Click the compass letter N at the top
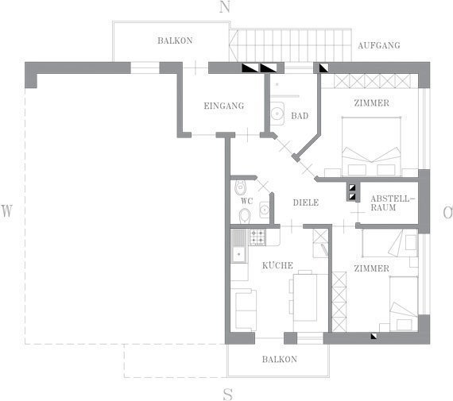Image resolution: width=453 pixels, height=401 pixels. tap(225, 6)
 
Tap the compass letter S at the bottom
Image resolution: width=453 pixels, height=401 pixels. tap(228, 394)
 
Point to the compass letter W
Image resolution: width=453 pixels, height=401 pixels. tap(7, 210)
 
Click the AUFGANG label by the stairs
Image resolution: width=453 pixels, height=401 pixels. tap(379, 45)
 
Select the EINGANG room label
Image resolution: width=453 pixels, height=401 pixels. tap(224, 106)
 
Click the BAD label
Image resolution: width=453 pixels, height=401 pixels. tap(300, 116)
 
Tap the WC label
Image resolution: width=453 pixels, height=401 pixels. tap(247, 201)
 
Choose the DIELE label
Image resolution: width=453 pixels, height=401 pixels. tap(306, 202)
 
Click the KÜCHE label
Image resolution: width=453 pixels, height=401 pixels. tap(277, 265)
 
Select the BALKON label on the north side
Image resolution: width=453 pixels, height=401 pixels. tap(175, 40)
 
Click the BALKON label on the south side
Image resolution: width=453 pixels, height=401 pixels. tap(280, 360)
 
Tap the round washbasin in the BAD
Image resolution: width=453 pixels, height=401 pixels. tap(277, 114)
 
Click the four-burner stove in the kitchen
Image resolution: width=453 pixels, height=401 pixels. tap(257, 237)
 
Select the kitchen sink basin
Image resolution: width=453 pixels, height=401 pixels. tap(238, 254)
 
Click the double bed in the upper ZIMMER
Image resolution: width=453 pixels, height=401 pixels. tap(371, 146)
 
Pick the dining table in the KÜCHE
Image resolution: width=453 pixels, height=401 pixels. tap(305, 298)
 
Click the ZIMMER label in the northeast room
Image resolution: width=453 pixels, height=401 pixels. tap(371, 103)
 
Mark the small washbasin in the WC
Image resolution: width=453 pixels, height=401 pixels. tap(265, 210)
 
